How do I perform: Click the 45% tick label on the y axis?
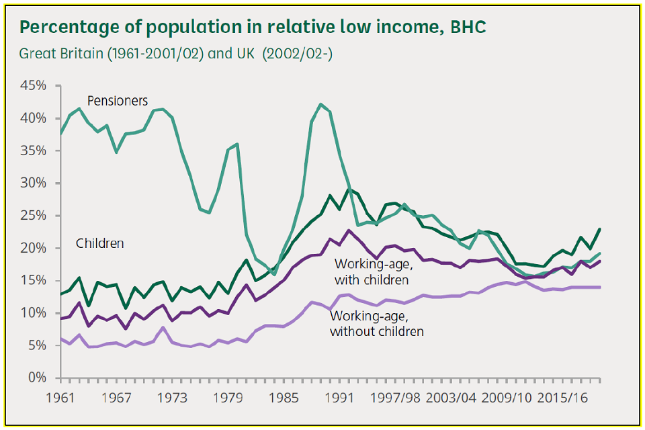click(34, 86)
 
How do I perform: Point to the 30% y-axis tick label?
click(34, 183)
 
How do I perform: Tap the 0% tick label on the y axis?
click(38, 378)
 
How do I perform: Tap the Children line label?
click(99, 243)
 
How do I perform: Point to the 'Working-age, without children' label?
click(377, 323)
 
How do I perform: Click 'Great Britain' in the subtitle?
click(59, 53)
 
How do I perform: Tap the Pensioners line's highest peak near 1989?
click(320, 104)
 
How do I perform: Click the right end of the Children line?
click(599, 229)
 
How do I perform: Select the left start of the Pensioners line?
click(60, 134)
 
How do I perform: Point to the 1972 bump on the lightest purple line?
click(163, 328)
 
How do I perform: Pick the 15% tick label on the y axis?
click(34, 281)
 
